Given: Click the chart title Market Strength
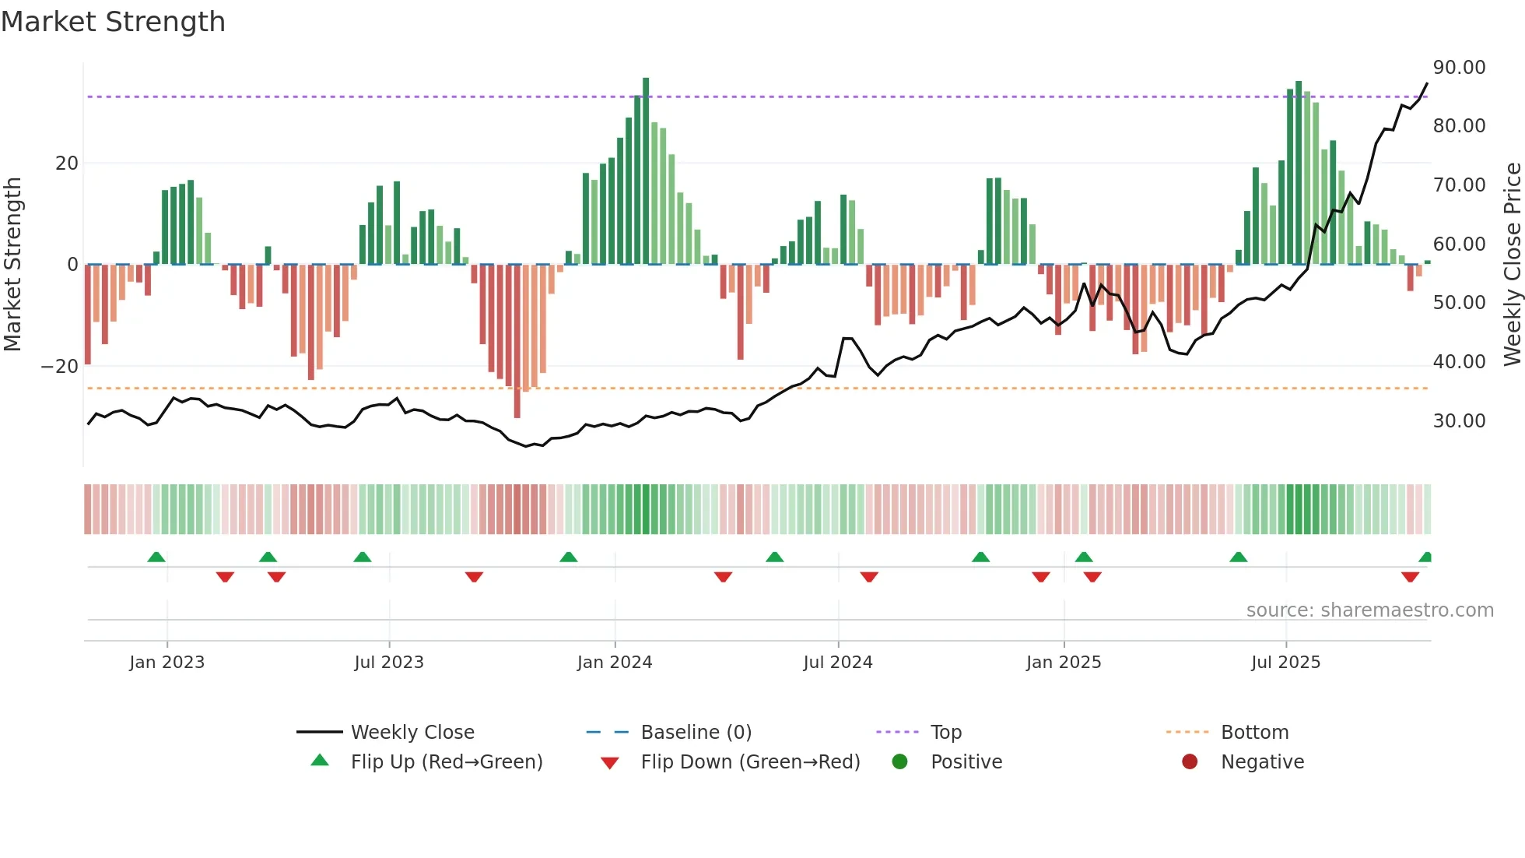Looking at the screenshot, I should [113, 22].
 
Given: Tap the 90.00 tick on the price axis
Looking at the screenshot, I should [1459, 68].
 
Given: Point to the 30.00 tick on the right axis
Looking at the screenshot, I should [1459, 421].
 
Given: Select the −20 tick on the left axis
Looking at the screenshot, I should [59, 367].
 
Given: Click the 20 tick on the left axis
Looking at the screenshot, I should [67, 164].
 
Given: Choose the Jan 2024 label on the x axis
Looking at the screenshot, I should [615, 663].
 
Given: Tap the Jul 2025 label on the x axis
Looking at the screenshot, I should [1285, 663].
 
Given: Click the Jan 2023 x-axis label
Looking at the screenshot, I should [167, 663].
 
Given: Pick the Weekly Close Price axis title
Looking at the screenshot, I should [1512, 265].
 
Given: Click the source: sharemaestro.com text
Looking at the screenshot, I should [1369, 610].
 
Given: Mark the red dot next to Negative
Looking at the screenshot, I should [1190, 762].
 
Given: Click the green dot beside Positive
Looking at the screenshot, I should [900, 762].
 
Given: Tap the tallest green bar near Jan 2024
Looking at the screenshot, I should [646, 171].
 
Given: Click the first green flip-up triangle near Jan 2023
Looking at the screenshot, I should [156, 557].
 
